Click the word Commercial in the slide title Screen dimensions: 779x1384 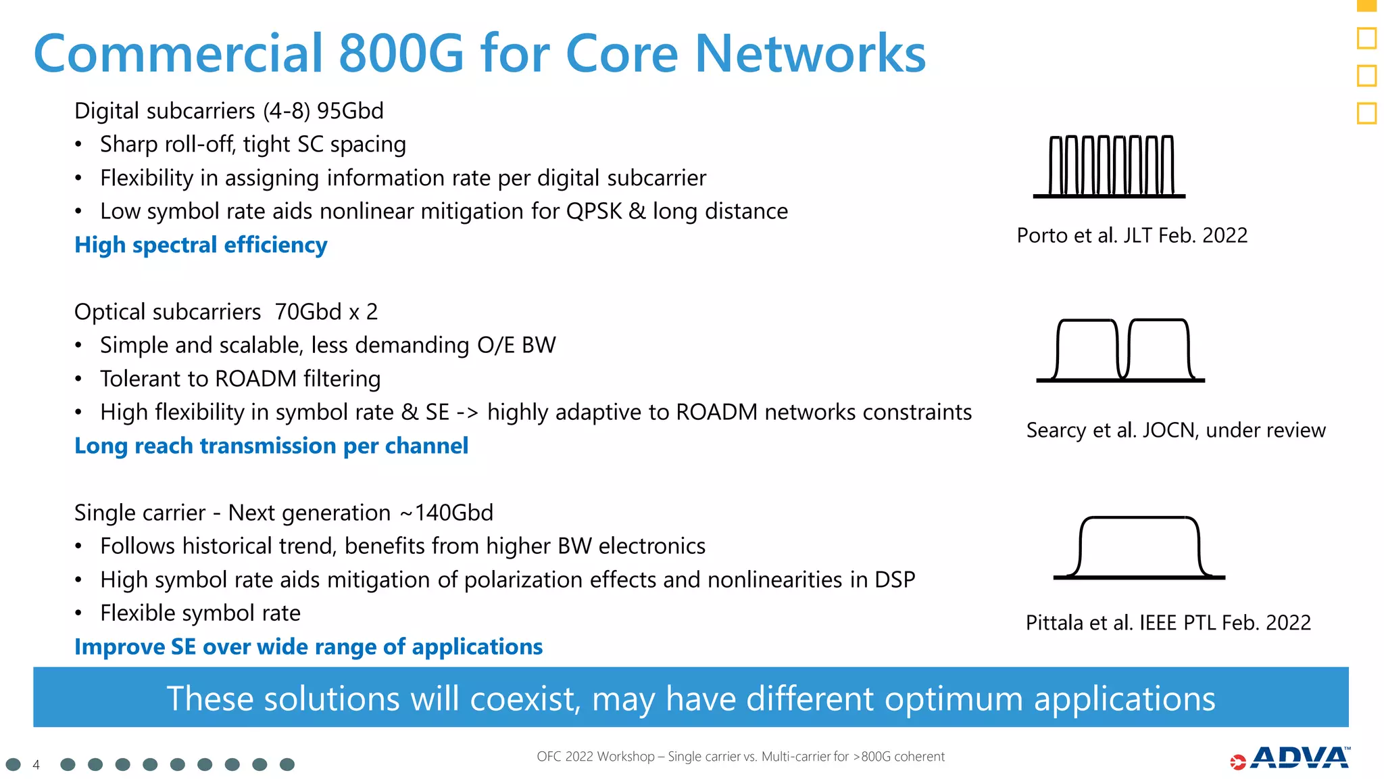point(178,54)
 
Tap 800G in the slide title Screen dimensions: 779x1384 point(401,54)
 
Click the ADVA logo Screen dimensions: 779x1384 point(1291,758)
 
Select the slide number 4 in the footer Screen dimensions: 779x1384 point(36,765)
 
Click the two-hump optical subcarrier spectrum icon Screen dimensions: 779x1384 point(1121,350)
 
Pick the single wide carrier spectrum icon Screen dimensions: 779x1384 point(1139,548)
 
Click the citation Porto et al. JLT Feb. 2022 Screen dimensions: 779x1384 point(1132,235)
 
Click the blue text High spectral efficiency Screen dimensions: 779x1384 point(201,245)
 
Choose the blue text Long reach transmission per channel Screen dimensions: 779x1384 point(271,446)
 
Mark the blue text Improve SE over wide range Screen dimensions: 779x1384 point(308,646)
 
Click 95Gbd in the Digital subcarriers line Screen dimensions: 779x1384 point(350,111)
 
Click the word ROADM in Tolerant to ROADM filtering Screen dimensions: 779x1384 point(255,379)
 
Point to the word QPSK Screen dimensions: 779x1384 point(593,211)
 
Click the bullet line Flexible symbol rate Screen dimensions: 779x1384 point(200,613)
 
